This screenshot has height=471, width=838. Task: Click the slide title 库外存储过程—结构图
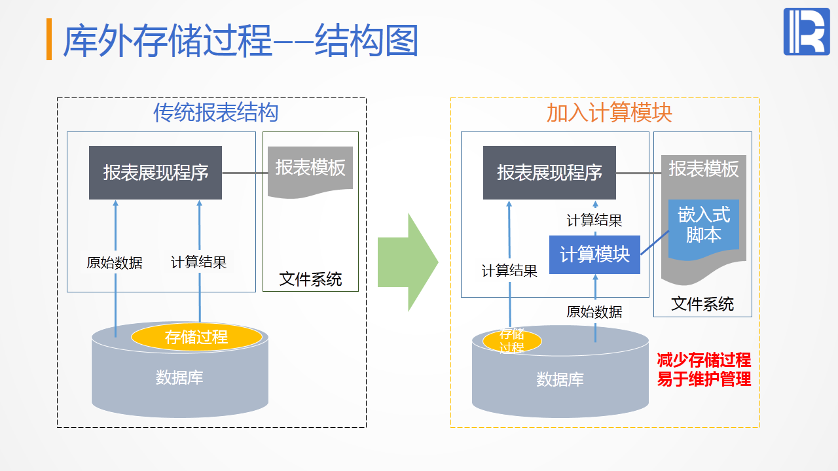(240, 41)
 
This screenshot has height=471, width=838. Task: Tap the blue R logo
(806, 32)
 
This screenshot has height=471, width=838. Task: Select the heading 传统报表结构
(216, 113)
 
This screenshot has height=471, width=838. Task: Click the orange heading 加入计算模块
(610, 113)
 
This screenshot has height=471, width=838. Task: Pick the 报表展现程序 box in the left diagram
(155, 173)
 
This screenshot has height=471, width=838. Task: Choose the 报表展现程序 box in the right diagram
(549, 173)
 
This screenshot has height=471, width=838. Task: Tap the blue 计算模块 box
(594, 255)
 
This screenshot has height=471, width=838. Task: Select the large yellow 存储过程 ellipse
(196, 337)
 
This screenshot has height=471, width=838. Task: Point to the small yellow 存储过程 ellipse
(512, 341)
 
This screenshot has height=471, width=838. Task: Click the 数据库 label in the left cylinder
(179, 377)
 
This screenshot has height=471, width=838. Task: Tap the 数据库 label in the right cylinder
(560, 379)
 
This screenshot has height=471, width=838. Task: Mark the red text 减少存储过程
(704, 360)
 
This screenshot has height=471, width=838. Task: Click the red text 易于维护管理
(704, 379)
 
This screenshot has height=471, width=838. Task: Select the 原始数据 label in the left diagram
(115, 263)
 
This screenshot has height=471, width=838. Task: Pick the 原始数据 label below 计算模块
(594, 312)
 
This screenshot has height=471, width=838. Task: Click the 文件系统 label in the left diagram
(310, 279)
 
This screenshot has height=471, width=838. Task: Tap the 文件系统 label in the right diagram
(702, 304)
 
